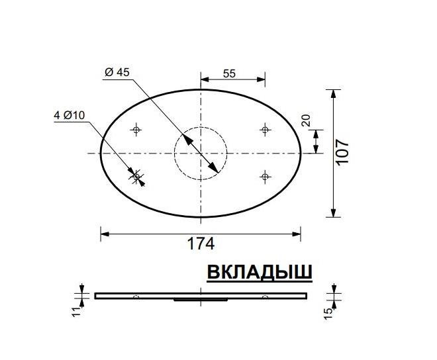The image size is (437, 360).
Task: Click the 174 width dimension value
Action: [201, 244]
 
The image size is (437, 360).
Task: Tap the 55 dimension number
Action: [229, 74]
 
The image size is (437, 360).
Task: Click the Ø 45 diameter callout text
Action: [117, 73]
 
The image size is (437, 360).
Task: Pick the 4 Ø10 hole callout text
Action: [70, 115]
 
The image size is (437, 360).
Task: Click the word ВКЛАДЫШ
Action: [260, 273]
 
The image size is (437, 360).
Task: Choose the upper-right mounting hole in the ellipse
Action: [265, 129]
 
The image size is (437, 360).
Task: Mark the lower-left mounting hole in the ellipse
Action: [136, 176]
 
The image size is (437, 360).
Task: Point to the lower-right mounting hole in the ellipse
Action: [265, 176]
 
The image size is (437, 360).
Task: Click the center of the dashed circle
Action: [201, 153]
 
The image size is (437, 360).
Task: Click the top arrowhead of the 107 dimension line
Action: [333, 93]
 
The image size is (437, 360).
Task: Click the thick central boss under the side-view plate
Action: [201, 300]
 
